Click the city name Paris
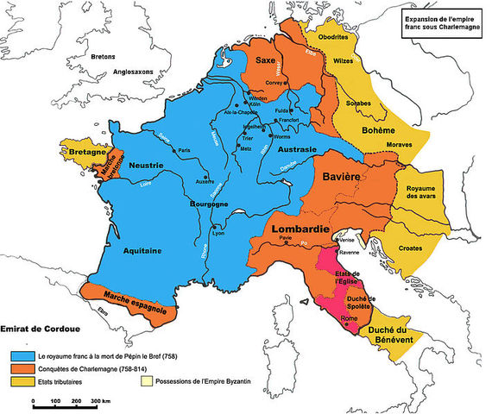(183, 151)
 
